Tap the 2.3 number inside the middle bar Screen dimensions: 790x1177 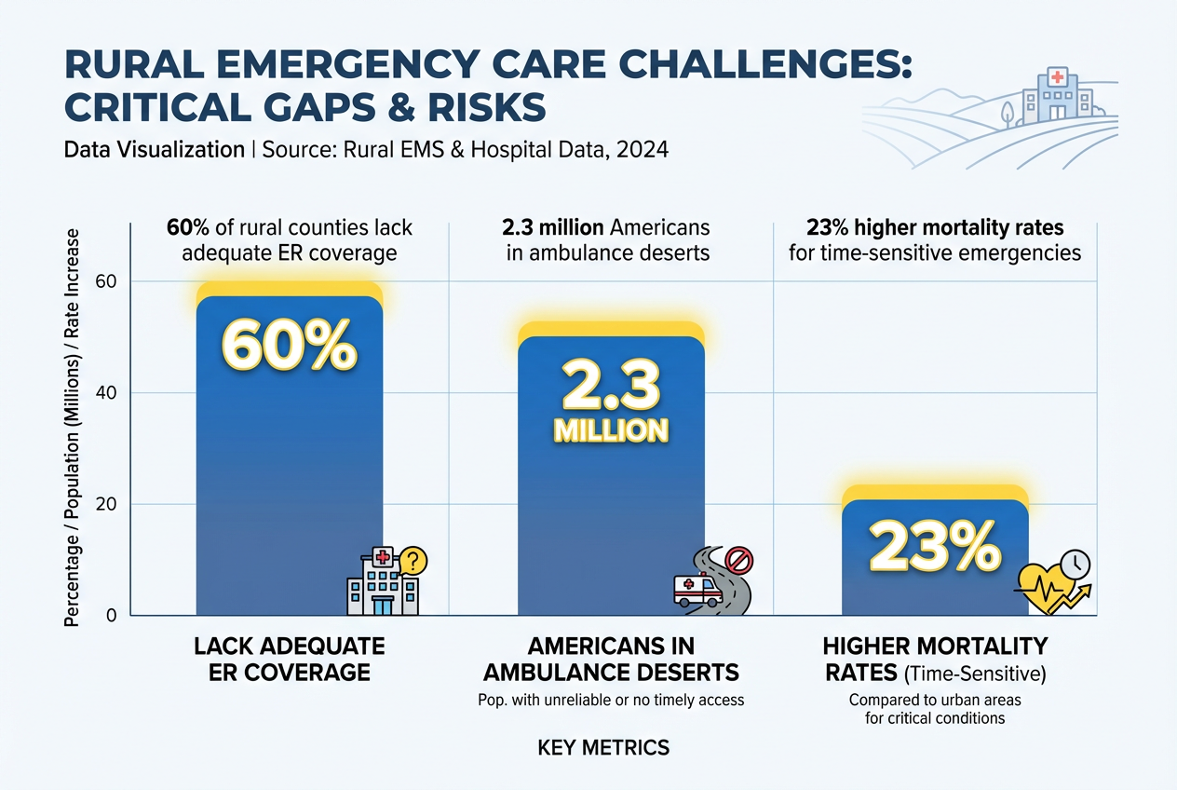click(611, 387)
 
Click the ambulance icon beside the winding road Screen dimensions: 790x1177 click(697, 591)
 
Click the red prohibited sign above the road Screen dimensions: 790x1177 click(738, 560)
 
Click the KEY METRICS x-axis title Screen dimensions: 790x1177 click(602, 747)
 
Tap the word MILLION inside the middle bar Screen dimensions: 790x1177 click(611, 430)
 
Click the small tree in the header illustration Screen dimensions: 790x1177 click(1008, 112)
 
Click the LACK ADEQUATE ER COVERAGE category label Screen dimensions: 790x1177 click(290, 659)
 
